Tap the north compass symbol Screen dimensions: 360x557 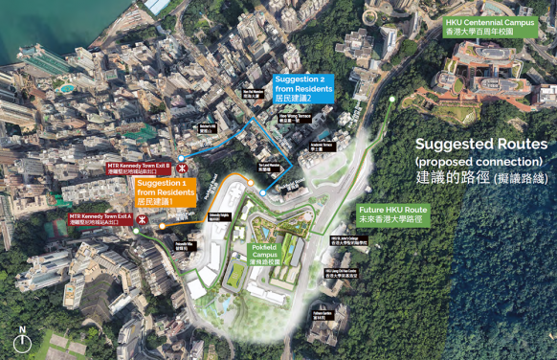click(21, 341)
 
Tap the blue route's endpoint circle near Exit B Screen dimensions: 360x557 click(181, 155)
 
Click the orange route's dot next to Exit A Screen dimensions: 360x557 click(161, 225)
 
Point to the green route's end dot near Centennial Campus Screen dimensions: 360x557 click(392, 99)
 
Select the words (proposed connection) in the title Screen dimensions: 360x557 click(479, 160)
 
